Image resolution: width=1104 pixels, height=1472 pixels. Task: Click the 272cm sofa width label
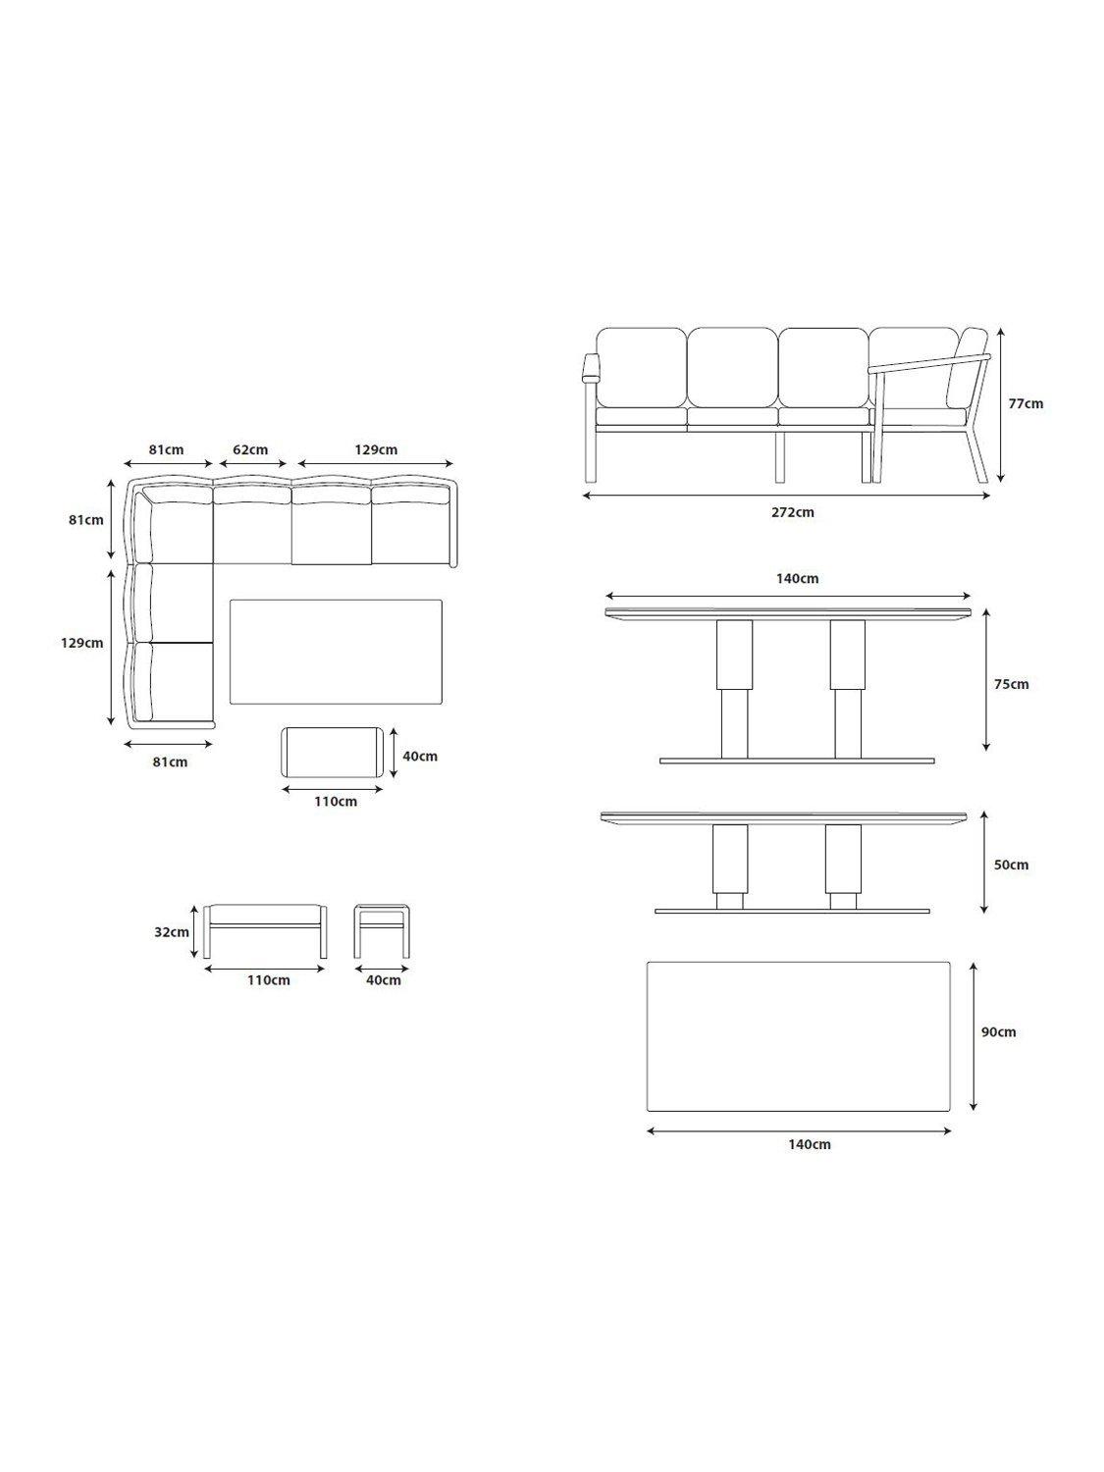(793, 512)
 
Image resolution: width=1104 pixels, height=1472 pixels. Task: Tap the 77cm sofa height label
(1025, 403)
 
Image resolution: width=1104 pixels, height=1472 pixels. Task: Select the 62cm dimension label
(250, 448)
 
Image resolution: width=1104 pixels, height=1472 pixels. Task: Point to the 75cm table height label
(1012, 684)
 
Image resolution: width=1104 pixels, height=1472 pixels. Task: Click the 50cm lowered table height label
(1012, 865)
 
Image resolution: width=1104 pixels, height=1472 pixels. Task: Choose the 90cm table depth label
(999, 1032)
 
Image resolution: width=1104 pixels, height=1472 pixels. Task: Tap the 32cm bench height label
(172, 931)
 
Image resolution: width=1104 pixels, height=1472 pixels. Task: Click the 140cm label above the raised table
(797, 578)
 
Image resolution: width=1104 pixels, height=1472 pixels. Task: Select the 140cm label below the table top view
(809, 1144)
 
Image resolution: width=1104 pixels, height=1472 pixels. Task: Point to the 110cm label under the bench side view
(269, 979)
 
